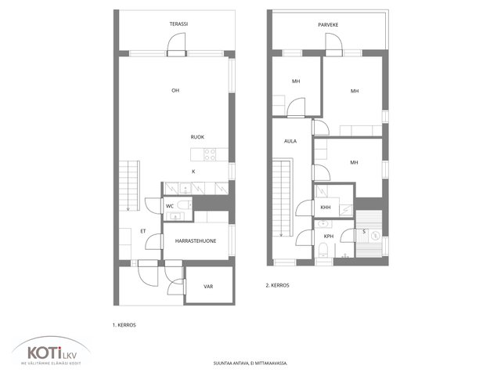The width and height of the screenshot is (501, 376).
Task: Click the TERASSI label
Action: pyautogui.click(x=178, y=24)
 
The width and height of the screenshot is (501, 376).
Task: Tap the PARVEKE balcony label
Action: pyautogui.click(x=328, y=24)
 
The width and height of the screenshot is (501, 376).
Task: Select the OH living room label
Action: pyautogui.click(x=175, y=91)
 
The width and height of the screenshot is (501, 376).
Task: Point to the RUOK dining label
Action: pyautogui.click(x=197, y=137)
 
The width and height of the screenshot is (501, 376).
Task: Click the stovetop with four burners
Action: pyautogui.click(x=210, y=155)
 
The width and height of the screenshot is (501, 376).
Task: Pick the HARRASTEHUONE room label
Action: pyautogui.click(x=196, y=240)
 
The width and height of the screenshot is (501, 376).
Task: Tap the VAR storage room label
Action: pyautogui.click(x=208, y=287)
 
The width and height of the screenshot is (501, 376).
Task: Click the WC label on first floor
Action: pyautogui.click(x=170, y=206)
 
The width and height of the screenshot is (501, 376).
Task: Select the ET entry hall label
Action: pyautogui.click(x=142, y=231)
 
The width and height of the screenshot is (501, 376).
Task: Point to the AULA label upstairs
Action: pyautogui.click(x=290, y=141)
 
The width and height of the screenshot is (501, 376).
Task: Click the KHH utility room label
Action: pyautogui.click(x=326, y=207)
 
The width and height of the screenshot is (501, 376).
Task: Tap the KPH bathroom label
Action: pyautogui.click(x=329, y=237)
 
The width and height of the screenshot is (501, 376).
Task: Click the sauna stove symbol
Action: pyautogui.click(x=376, y=236)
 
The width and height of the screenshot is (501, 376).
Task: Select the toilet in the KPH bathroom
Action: pyautogui.click(x=323, y=250)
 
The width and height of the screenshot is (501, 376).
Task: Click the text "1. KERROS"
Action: pyautogui.click(x=124, y=325)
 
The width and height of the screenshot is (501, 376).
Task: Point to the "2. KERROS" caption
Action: pyautogui.click(x=277, y=285)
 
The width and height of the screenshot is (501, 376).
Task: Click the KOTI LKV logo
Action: pyautogui.click(x=51, y=351)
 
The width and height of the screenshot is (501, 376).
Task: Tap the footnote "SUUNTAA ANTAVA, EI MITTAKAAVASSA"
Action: pyautogui.click(x=250, y=363)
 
